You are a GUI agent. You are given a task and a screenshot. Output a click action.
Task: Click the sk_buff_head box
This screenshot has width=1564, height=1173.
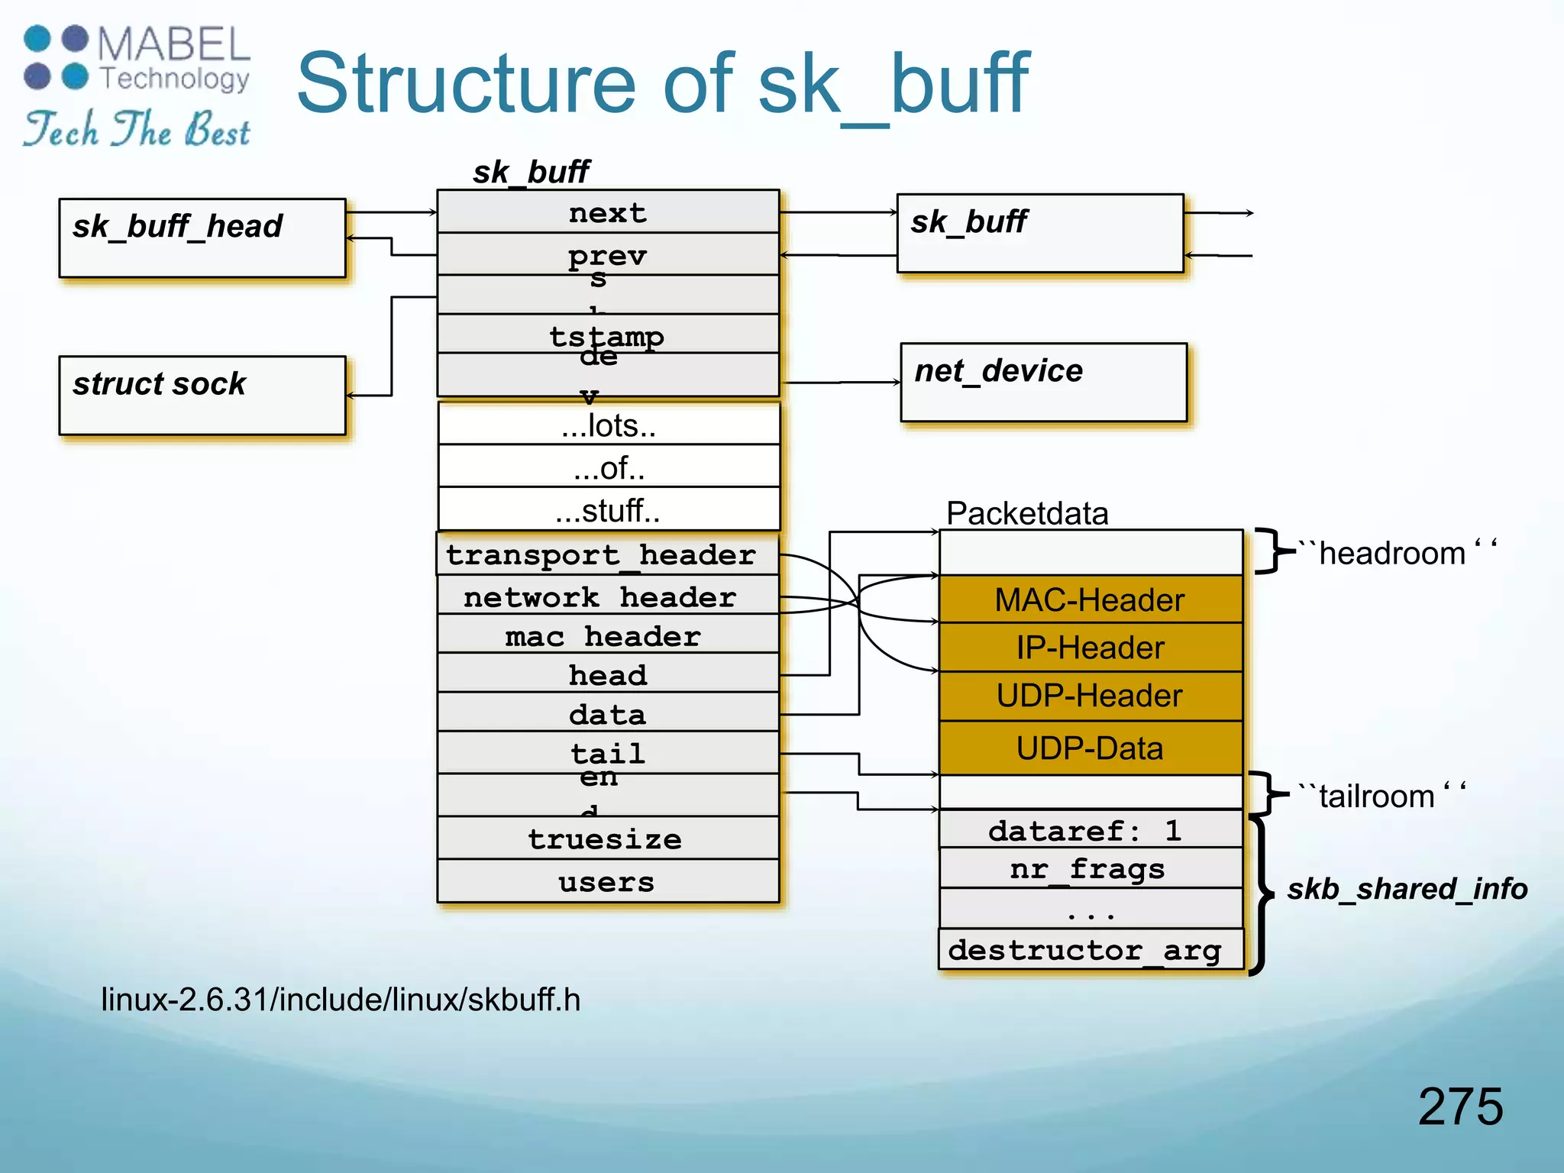202,238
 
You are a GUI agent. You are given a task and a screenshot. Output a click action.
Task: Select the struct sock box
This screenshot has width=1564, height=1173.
202,395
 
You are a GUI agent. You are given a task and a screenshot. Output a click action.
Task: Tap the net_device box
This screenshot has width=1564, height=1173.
1043,382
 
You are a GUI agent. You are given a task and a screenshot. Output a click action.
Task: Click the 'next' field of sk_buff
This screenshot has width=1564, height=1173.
608,212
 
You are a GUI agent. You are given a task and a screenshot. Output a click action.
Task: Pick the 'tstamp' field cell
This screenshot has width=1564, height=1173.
608,334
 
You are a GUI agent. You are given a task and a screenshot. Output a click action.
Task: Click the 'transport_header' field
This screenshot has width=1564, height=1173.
608,554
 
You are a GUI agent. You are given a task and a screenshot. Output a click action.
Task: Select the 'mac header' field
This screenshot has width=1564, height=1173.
608,635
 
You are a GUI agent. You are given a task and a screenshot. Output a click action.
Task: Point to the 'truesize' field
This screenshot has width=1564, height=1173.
608,839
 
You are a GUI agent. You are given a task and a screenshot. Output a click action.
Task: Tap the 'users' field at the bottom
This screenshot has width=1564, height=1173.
608,881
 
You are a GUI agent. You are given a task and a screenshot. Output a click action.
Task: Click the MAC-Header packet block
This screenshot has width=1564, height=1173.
1090,599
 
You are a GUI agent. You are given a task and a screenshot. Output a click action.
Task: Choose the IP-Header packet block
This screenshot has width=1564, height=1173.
1090,648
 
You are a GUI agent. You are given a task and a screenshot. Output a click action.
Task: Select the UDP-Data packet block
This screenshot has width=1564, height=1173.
1090,748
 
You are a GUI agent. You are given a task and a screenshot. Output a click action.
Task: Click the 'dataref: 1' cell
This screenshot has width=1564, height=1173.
1090,829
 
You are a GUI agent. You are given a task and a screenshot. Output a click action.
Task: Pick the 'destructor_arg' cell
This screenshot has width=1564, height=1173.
1090,949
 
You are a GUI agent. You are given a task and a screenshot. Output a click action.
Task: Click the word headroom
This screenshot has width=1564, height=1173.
1391,553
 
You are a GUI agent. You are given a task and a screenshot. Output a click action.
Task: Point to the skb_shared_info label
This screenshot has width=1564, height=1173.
1407,888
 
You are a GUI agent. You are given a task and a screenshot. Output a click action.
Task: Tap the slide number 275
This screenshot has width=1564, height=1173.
1460,1106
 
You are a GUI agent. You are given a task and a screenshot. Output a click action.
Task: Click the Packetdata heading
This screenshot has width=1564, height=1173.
1026,513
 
